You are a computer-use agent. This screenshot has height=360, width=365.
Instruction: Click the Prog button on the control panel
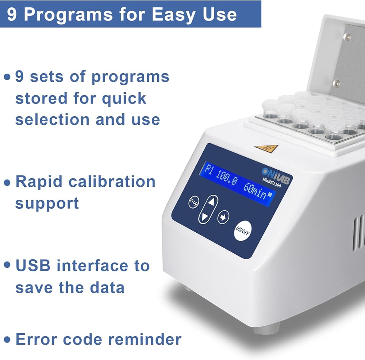tap(193, 202)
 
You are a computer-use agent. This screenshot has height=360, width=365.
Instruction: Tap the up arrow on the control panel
tap(211, 201)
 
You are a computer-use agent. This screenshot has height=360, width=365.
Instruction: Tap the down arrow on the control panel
tap(205, 217)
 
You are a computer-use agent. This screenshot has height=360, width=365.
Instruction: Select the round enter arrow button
tap(223, 217)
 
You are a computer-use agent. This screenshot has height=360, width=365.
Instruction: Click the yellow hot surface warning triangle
tap(267, 148)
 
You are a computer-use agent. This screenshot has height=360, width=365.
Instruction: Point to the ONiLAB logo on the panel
tap(276, 176)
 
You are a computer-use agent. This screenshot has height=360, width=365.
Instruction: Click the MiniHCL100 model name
tap(272, 182)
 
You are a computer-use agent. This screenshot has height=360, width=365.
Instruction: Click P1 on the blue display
tap(208, 170)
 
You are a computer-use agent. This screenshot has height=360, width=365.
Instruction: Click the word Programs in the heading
tap(69, 15)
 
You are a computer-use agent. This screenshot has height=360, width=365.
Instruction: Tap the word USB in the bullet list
tap(33, 266)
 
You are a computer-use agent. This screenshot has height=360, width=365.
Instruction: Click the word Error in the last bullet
tap(36, 339)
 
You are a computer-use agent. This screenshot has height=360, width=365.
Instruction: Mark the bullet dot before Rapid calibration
tap(7, 183)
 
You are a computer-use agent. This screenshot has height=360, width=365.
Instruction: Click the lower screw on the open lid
tap(336, 83)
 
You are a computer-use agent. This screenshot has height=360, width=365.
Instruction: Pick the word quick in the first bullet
tap(124, 98)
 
